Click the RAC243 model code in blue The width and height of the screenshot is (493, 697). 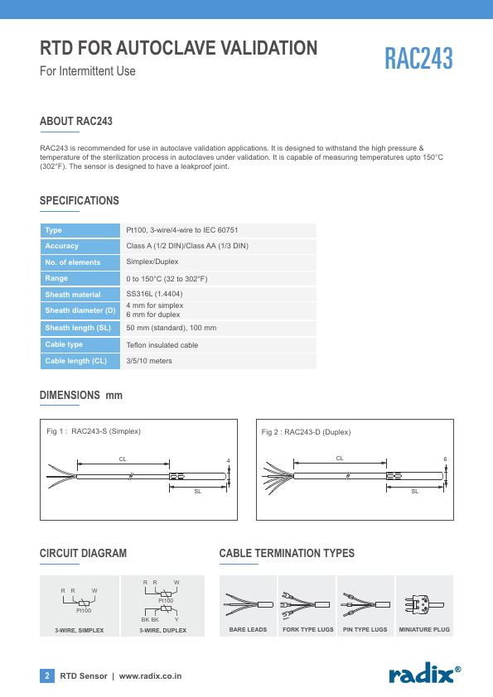tap(418, 58)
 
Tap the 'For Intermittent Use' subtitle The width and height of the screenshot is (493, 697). tap(88, 71)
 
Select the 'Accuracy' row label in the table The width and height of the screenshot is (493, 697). tap(62, 246)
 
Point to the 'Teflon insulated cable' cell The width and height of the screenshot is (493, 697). tap(162, 345)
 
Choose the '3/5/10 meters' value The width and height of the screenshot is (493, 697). tap(149, 361)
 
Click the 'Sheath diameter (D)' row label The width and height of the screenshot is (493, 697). tap(80, 310)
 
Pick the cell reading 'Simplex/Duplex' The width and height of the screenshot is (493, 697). tap(152, 262)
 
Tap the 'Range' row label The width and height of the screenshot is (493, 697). tap(56, 278)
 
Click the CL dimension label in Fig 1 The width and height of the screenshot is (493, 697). tap(123, 459)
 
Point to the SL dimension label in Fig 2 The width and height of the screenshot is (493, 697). tap(414, 491)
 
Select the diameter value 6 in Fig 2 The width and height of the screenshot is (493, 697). tap(445, 459)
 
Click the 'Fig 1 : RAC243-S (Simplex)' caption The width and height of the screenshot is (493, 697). tap(94, 431)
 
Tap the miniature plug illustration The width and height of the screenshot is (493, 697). tap(424, 605)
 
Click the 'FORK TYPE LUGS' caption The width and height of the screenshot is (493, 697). tap(308, 630)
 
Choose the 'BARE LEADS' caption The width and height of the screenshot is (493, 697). tap(248, 630)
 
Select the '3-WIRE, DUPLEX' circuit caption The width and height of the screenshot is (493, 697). tap(163, 630)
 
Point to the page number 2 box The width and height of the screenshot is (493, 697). tap(47, 675)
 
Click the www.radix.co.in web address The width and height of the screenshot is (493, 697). tap(151, 676)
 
